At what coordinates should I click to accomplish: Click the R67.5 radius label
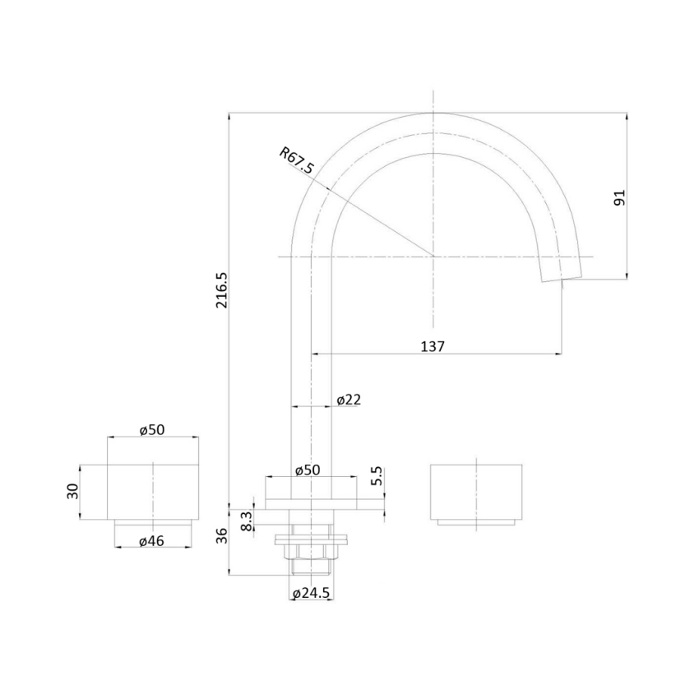click(297, 161)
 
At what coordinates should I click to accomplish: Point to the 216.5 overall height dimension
click(220, 289)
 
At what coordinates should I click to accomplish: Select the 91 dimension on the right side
click(620, 197)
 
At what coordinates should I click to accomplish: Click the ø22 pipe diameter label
click(349, 400)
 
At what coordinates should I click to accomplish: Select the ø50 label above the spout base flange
click(308, 470)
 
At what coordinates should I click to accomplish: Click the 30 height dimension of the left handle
click(72, 492)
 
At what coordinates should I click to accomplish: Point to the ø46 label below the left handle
click(152, 540)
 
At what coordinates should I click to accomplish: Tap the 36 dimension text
click(220, 536)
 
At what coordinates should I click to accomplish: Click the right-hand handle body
click(476, 491)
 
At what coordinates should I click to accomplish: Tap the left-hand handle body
click(153, 492)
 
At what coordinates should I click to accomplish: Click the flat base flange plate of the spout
click(312, 502)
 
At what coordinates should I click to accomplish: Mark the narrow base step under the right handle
click(476, 522)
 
